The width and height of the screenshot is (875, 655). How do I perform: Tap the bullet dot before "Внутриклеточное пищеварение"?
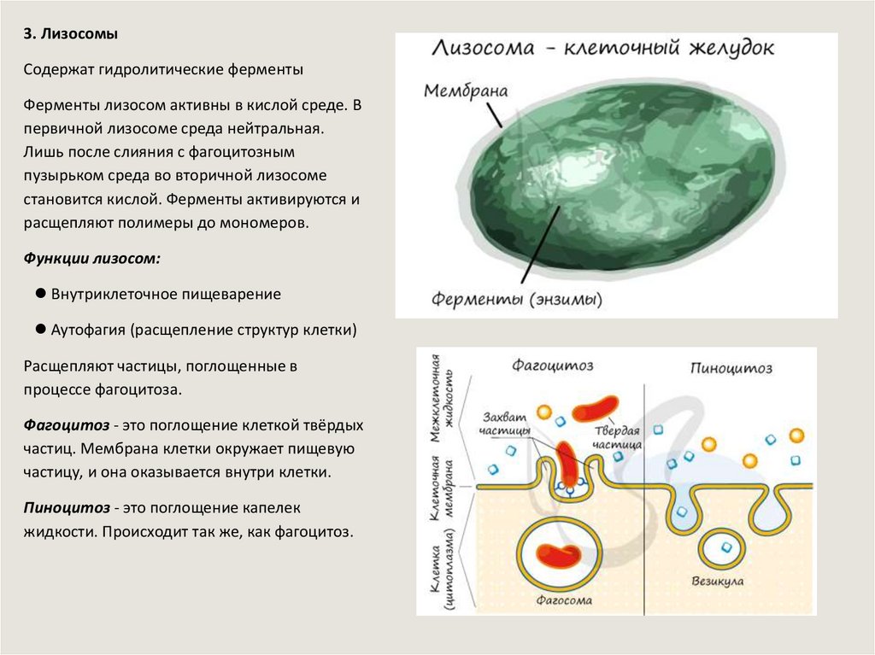pyautogui.click(x=40, y=293)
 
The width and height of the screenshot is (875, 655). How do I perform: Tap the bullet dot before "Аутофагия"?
pyautogui.click(x=40, y=329)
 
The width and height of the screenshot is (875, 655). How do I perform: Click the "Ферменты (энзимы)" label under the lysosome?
pyautogui.click(x=517, y=300)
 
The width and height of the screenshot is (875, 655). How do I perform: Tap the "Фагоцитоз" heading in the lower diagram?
pyautogui.click(x=553, y=366)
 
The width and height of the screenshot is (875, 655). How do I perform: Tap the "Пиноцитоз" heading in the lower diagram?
pyautogui.click(x=731, y=368)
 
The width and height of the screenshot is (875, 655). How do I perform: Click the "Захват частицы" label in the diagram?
pyautogui.click(x=504, y=424)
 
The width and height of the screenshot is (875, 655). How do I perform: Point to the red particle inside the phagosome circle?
pyautogui.click(x=560, y=556)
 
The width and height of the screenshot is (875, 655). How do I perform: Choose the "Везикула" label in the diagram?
pyautogui.click(x=717, y=582)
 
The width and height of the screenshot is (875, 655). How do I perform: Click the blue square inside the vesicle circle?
pyautogui.click(x=726, y=547)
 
